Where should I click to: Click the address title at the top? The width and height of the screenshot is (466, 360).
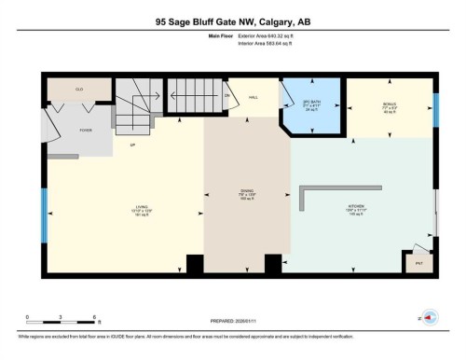[x=232, y=20]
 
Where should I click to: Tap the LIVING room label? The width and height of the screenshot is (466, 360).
[x=143, y=207]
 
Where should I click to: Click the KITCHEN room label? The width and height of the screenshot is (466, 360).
[x=363, y=206]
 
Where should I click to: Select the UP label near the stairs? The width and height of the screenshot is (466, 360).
[x=132, y=146]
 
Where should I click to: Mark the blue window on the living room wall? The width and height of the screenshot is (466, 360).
[x=43, y=215]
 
